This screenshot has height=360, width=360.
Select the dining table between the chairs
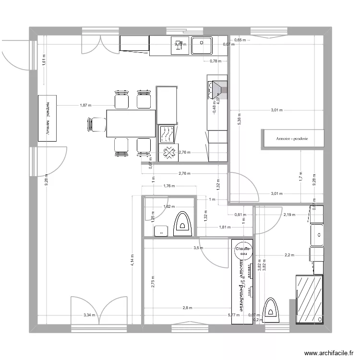[x=131, y=123]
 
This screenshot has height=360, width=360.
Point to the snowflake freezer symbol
[x=168, y=153]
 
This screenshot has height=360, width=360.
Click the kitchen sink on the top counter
[x=202, y=46]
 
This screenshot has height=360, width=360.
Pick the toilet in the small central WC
[x=182, y=224]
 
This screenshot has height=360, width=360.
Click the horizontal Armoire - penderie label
[x=292, y=139]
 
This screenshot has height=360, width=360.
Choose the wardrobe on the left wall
[x=48, y=118]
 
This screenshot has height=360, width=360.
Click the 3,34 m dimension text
[x=89, y=315]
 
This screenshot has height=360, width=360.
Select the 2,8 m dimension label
[x=187, y=308]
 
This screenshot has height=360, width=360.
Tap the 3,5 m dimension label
[x=198, y=248]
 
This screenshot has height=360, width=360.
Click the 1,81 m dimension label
[x=225, y=227]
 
